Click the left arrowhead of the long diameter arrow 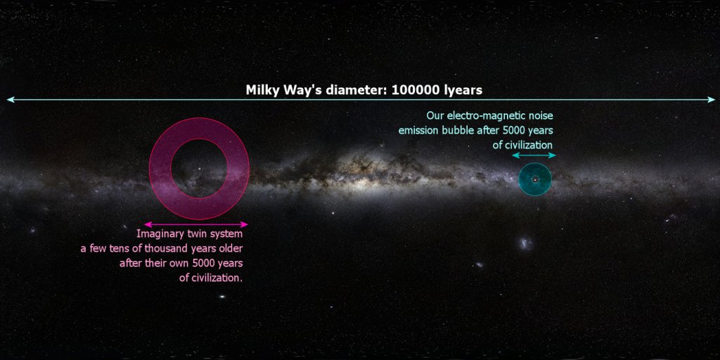tap(9, 100)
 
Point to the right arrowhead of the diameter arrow tap(712, 100)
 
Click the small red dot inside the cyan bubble tap(535, 180)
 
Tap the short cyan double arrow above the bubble tap(534, 155)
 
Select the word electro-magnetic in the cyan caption tap(483, 115)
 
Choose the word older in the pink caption tap(230, 249)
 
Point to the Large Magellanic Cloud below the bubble tap(524, 243)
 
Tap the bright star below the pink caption tap(222, 297)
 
